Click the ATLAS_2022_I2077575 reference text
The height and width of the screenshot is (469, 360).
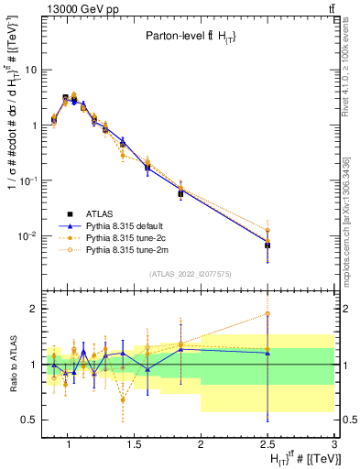(x=190, y=274)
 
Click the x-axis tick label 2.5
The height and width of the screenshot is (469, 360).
(x=267, y=444)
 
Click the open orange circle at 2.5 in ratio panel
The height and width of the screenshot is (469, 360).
(x=267, y=314)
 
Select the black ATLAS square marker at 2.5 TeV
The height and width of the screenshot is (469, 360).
(x=267, y=245)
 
